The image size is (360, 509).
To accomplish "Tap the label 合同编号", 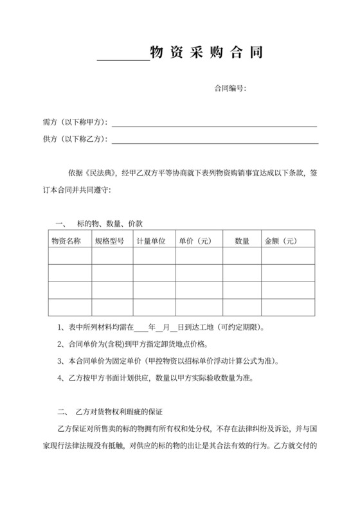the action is click(x=230, y=89).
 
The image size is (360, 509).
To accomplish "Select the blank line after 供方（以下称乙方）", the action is click(x=215, y=141).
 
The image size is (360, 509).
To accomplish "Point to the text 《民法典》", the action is click(x=99, y=173).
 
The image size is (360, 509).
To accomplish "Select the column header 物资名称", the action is click(x=66, y=241).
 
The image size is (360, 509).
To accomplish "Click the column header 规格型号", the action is click(x=109, y=241).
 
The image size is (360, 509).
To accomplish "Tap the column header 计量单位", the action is click(x=151, y=241).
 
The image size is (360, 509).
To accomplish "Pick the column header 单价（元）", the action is click(x=195, y=241).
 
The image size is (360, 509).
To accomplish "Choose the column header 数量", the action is click(x=242, y=241).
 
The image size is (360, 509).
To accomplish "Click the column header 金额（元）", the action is click(x=280, y=241).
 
